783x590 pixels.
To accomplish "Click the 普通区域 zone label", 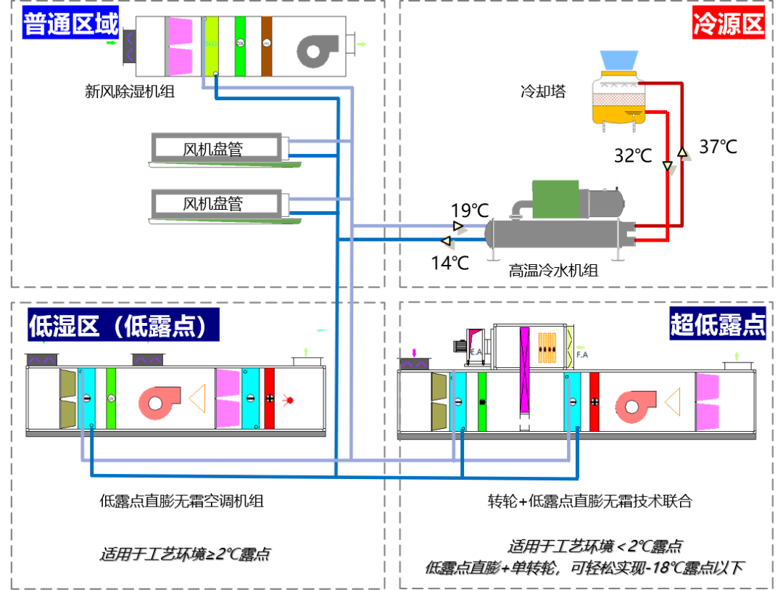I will pyautogui.click(x=70, y=23).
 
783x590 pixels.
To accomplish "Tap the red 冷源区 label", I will pyautogui.click(x=728, y=23).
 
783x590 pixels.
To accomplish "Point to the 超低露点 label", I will pyautogui.click(x=717, y=324).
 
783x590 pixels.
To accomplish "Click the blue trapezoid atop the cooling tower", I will pyautogui.click(x=618, y=60).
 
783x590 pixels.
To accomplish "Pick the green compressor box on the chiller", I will pyautogui.click(x=555, y=198).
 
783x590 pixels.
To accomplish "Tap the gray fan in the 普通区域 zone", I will pyautogui.click(x=318, y=51).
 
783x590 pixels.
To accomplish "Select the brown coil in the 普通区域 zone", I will pyautogui.click(x=267, y=46).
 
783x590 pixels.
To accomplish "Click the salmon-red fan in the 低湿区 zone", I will pyautogui.click(x=159, y=403).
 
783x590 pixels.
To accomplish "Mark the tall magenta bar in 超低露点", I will pyautogui.click(x=524, y=369).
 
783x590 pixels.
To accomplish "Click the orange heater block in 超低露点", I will pyautogui.click(x=547, y=348).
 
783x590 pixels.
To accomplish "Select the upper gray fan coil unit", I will pyautogui.click(x=216, y=147).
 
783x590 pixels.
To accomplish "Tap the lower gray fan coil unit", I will pyautogui.click(x=216, y=204).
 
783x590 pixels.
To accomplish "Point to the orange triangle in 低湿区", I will pyautogui.click(x=197, y=399).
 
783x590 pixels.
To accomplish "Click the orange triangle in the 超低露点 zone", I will pyautogui.click(x=673, y=402).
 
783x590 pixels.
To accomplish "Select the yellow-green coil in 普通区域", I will pyautogui.click(x=211, y=46).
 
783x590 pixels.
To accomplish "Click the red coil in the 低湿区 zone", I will pyautogui.click(x=270, y=398).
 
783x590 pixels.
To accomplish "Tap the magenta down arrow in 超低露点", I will pyautogui.click(x=415, y=353).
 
